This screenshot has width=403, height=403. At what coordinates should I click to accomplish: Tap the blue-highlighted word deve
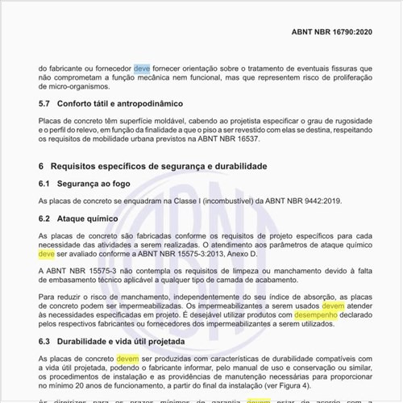pos(142,68)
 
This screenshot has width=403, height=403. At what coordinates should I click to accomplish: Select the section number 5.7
pos(45,104)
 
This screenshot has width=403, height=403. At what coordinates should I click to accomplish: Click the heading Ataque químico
pos(89,218)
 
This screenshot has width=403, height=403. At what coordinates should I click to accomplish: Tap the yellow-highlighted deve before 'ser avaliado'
pos(47,252)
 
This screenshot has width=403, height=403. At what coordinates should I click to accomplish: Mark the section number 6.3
pos(45,342)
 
